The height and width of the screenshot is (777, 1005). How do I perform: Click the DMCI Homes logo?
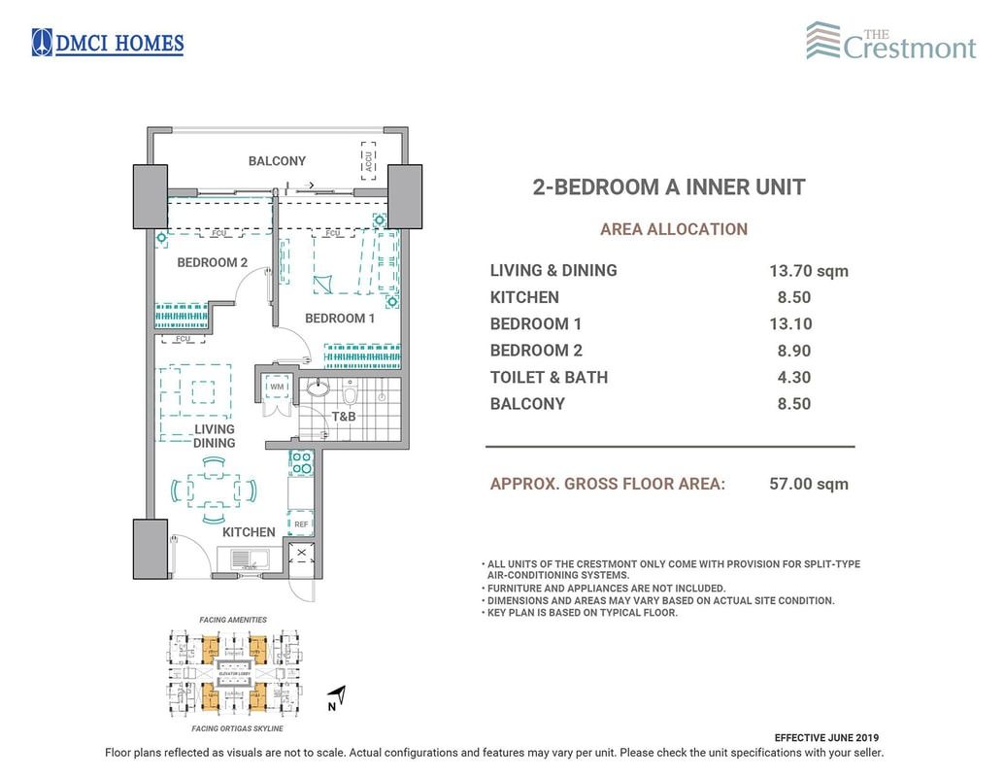point(108,43)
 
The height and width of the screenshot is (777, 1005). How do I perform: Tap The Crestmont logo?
point(890,42)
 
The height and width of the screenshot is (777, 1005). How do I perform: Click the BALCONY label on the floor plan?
point(277,161)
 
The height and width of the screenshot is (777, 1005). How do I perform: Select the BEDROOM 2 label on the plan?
point(212,262)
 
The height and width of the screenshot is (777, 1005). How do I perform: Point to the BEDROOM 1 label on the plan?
point(340,319)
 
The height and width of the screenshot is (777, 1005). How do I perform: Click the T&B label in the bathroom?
point(344,418)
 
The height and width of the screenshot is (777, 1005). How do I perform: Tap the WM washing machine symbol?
point(277,387)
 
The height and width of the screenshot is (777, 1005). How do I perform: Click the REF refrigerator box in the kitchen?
point(301,524)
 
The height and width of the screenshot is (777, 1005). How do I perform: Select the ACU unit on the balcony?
point(368,161)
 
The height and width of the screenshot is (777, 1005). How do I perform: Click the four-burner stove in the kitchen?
point(301,462)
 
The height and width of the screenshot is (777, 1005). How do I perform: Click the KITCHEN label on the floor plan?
point(249,532)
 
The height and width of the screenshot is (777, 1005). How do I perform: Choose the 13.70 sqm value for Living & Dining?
point(808,271)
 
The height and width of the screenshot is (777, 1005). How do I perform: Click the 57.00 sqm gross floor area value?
point(808,484)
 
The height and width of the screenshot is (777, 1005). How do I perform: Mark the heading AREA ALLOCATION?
point(673,230)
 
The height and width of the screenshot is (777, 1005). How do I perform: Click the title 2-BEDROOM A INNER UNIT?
point(669,187)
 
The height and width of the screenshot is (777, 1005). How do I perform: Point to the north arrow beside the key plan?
point(336,695)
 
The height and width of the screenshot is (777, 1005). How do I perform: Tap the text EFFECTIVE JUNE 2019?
point(826,738)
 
